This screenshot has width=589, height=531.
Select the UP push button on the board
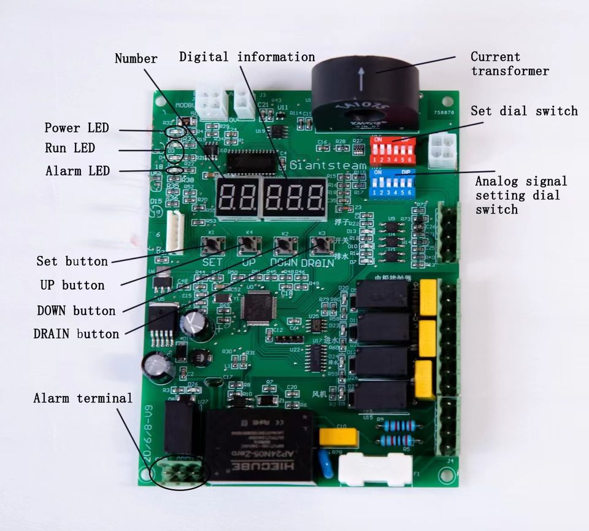pos(247,246)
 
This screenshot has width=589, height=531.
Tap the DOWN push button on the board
pos(282,246)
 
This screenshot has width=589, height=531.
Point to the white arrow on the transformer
pos(361,79)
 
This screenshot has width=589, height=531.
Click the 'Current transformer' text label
pos(509,64)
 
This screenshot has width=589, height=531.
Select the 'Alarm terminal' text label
pos(83,398)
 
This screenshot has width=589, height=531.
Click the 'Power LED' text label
pos(76,128)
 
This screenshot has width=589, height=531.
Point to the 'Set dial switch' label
pos(524,111)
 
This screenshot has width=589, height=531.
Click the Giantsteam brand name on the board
pos(328,165)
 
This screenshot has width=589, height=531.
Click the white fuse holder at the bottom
pos(375,470)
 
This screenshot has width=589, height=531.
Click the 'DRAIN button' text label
pos(76,334)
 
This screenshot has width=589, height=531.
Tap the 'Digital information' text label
pos(247,57)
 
